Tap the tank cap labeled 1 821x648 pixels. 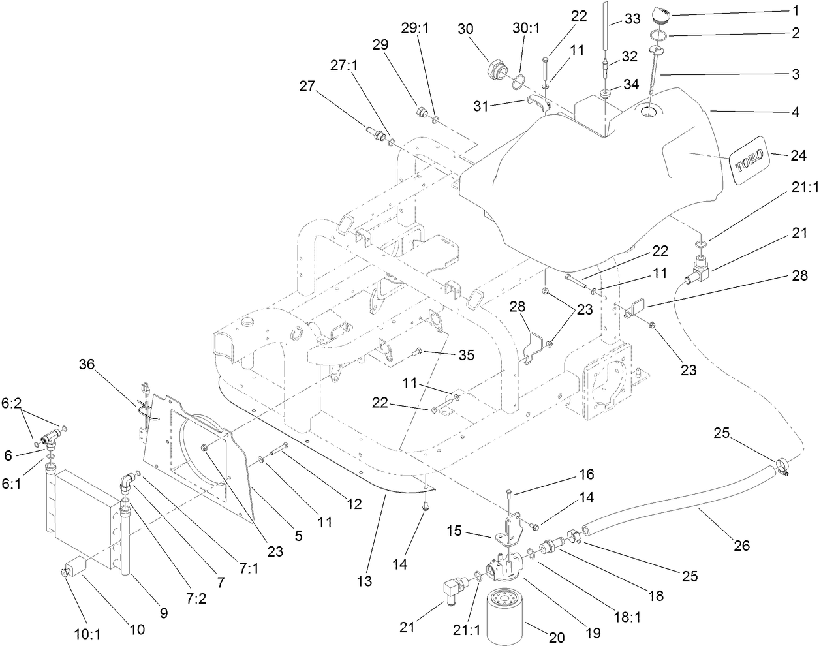coord(659,13)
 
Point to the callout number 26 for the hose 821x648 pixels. coord(742,545)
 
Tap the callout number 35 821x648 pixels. coord(466,355)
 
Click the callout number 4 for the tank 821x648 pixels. coord(795,112)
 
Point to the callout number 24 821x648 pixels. coord(798,155)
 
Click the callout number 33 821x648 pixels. coord(632,19)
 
